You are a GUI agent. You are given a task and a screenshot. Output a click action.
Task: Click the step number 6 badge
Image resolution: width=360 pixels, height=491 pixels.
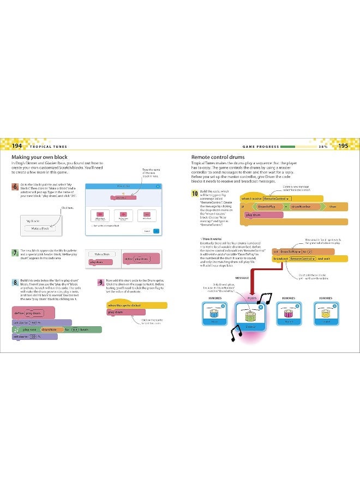click(14, 187)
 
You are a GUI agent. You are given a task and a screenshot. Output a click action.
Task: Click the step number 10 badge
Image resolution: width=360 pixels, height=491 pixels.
click(194, 193)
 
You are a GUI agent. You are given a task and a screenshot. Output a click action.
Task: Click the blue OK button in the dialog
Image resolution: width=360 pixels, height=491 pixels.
click(157, 231)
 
